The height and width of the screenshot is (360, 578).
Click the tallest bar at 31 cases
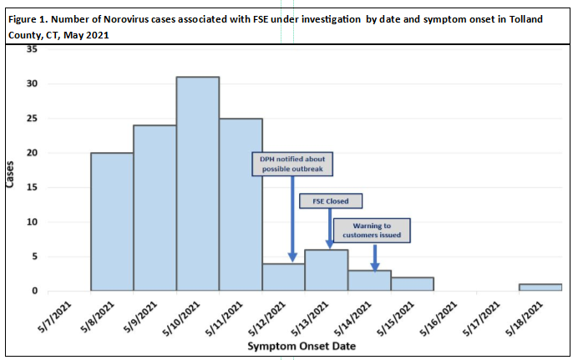point(198,184)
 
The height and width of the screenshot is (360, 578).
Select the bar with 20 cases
point(112,221)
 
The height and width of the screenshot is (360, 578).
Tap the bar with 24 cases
point(155,208)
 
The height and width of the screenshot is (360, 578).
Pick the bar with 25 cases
point(241,205)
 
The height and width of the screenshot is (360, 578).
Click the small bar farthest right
point(540,287)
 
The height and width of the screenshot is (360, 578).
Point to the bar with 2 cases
point(413,284)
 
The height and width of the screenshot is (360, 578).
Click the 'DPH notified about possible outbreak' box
point(293,164)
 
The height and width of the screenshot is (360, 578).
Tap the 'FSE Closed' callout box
point(331,201)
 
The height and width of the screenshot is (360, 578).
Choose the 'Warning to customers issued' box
point(373,230)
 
